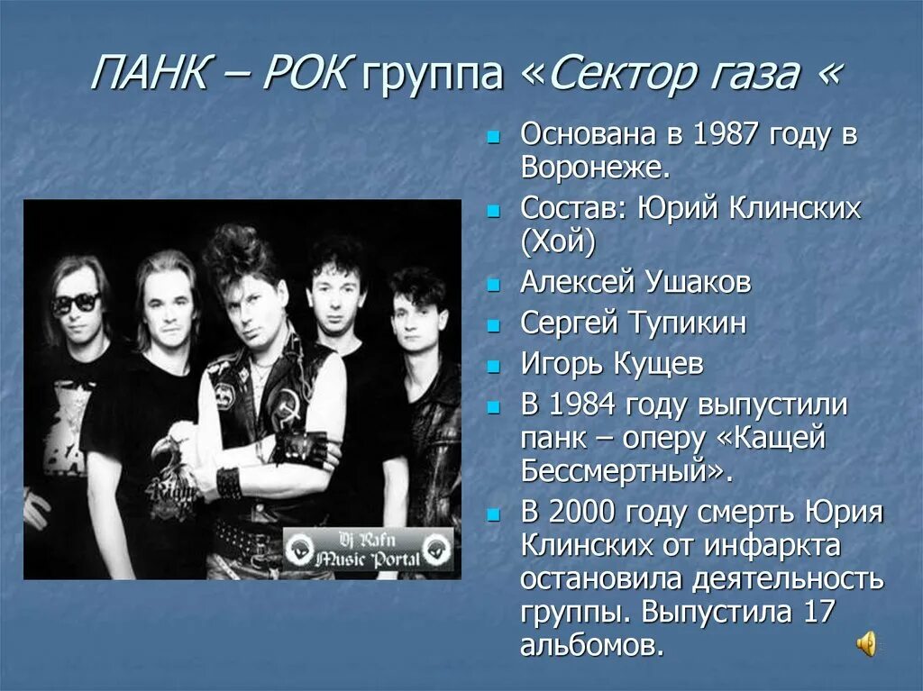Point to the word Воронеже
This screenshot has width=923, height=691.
tap(594, 168)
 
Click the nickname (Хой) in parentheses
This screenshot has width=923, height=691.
tap(558, 241)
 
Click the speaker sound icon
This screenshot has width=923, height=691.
tap(866, 643)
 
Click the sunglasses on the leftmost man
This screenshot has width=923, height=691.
tap(76, 303)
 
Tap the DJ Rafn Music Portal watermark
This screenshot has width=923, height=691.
tap(368, 549)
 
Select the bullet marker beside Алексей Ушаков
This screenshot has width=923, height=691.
tap(492, 286)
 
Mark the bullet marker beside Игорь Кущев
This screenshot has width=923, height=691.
tap(492, 368)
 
